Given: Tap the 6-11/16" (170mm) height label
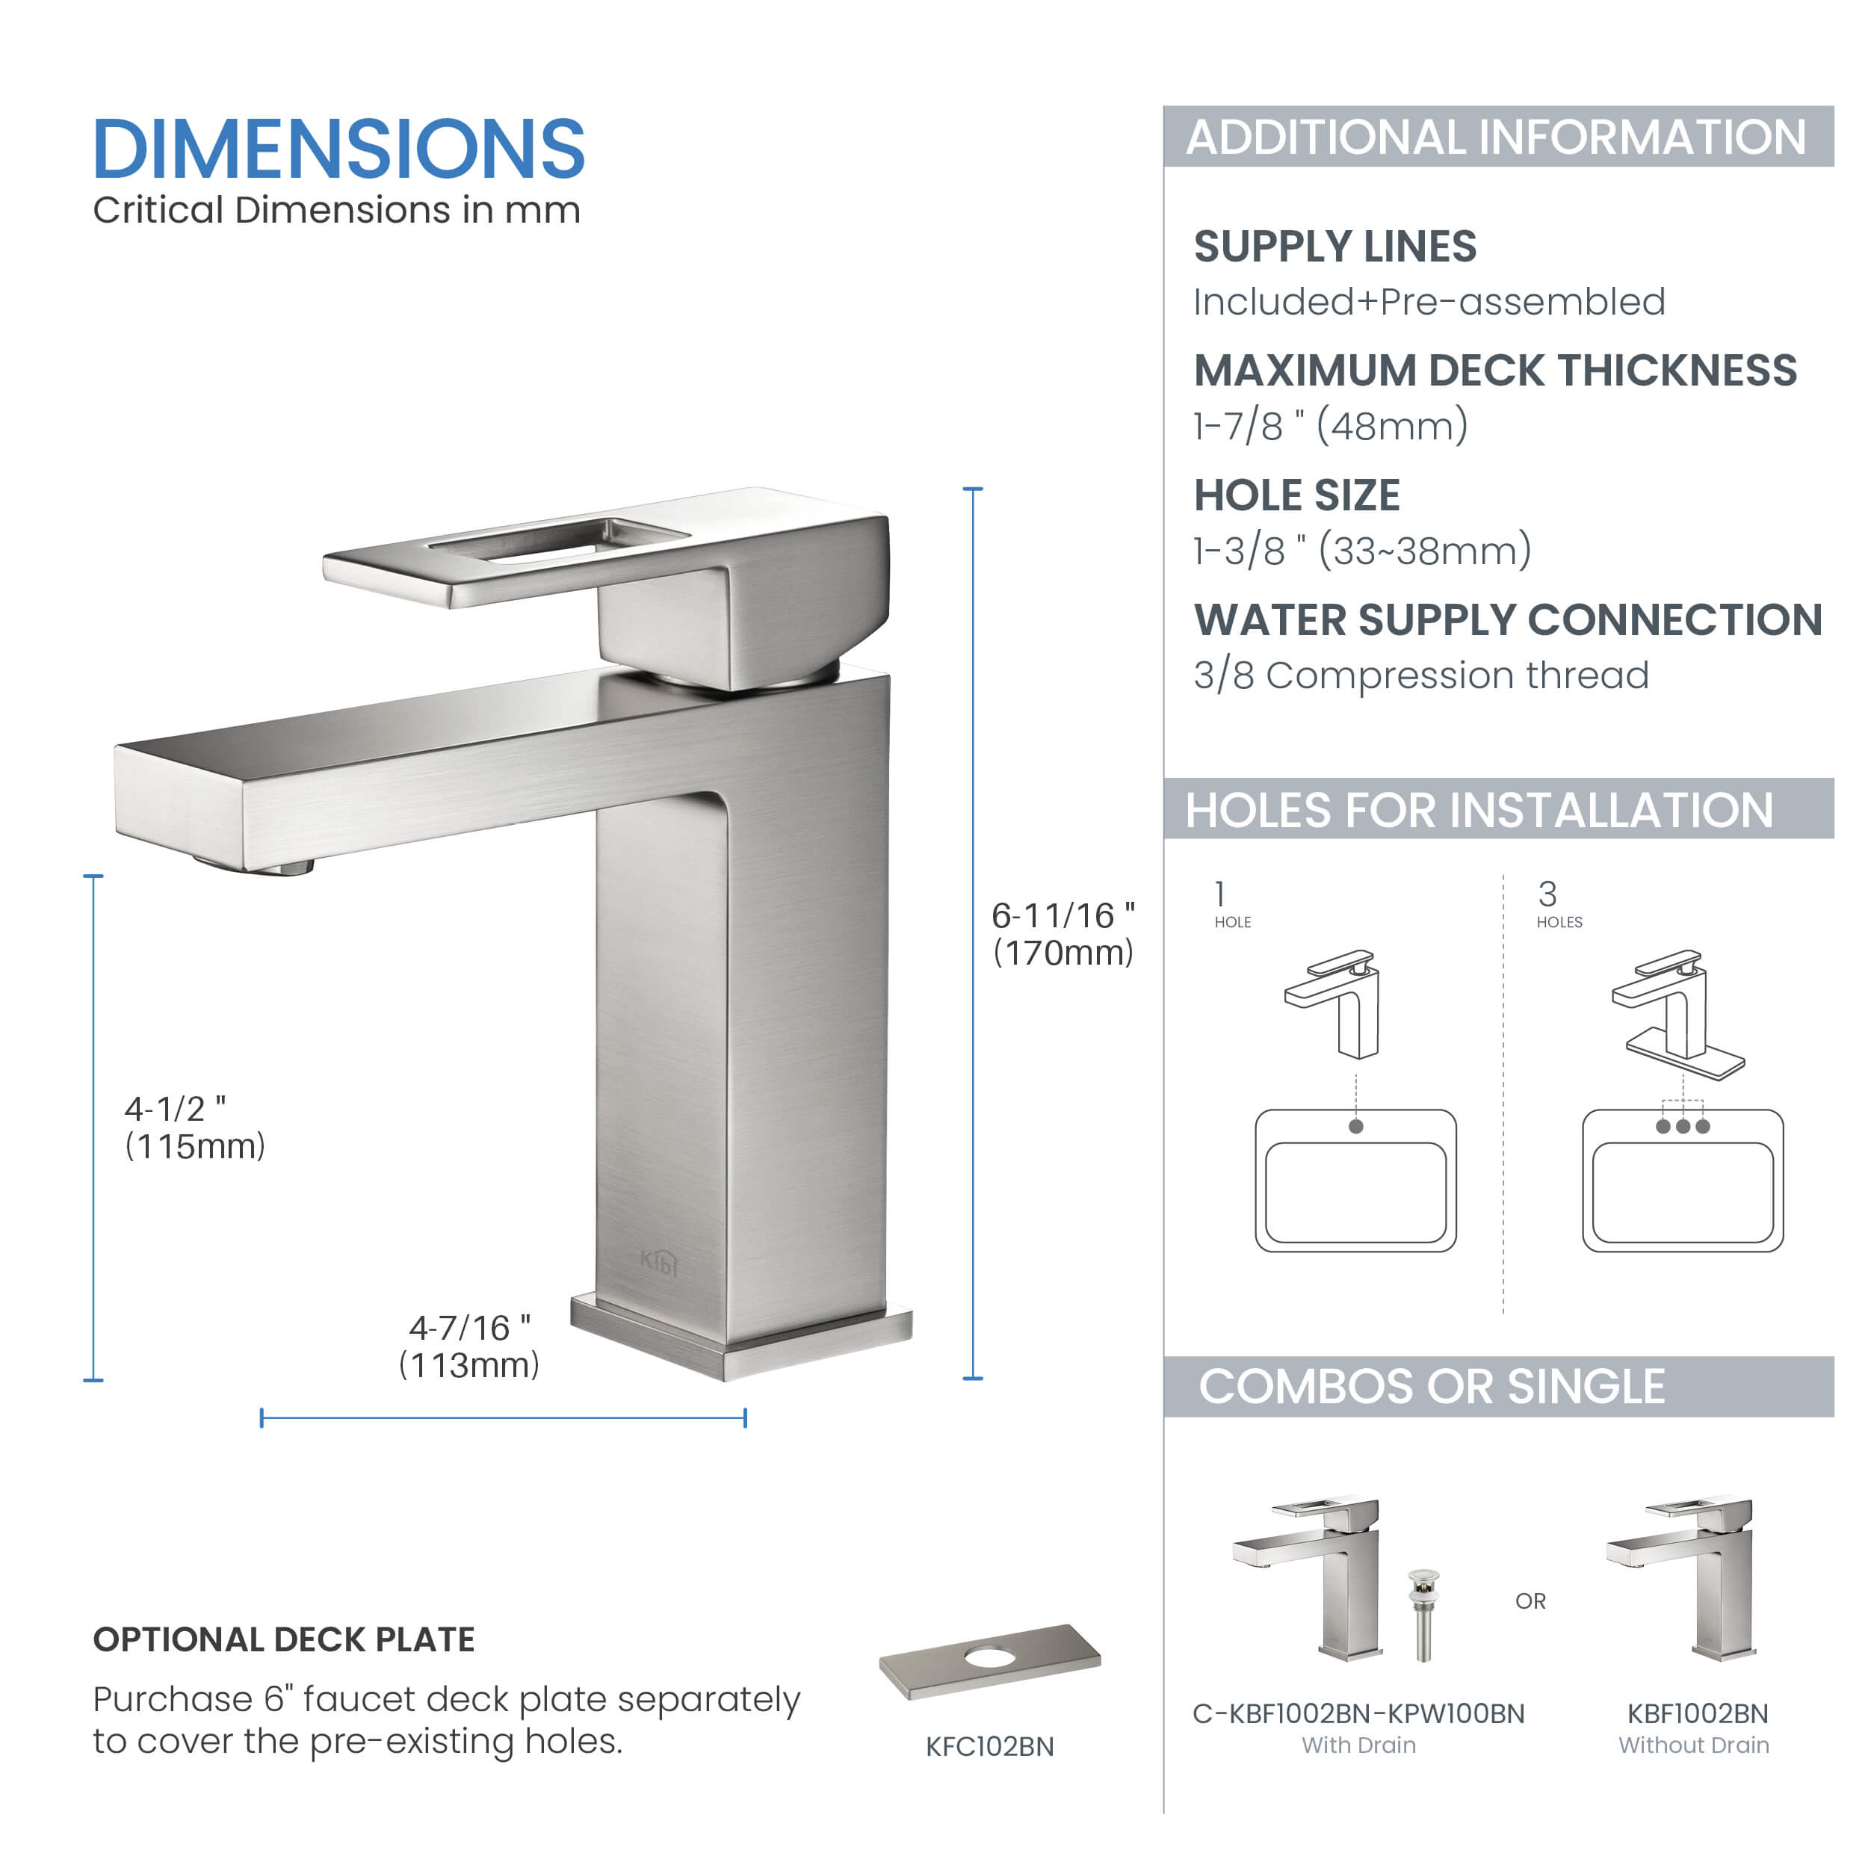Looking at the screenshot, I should (x=1063, y=934).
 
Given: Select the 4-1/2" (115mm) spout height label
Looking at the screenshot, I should (x=194, y=1128).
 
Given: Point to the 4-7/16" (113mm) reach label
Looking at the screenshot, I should (x=469, y=1346).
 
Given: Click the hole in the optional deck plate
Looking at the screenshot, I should (x=984, y=1657).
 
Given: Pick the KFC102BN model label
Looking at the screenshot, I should (x=989, y=1746).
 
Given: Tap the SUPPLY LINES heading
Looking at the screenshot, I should (x=1334, y=247).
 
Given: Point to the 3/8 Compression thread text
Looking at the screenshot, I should (x=1420, y=675).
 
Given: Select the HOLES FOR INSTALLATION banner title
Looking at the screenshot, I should (x=1479, y=809).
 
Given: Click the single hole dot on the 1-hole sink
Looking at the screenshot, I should (x=1355, y=1127).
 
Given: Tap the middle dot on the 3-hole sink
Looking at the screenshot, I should (x=1683, y=1127).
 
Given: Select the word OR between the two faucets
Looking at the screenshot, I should (x=1530, y=1601).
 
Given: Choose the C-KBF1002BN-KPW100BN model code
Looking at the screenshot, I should (x=1358, y=1713).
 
